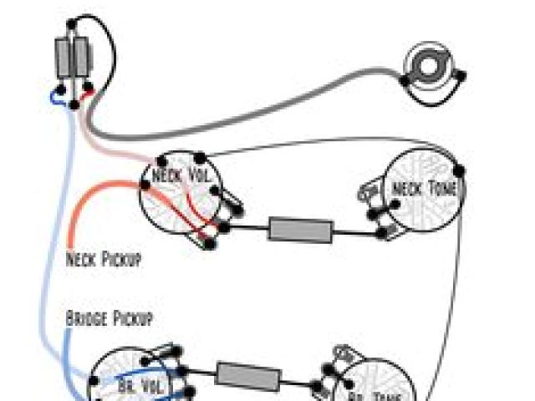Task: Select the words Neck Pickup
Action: click(x=103, y=260)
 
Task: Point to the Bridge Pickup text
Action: click(x=110, y=319)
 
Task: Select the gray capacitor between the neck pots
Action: click(x=300, y=229)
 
